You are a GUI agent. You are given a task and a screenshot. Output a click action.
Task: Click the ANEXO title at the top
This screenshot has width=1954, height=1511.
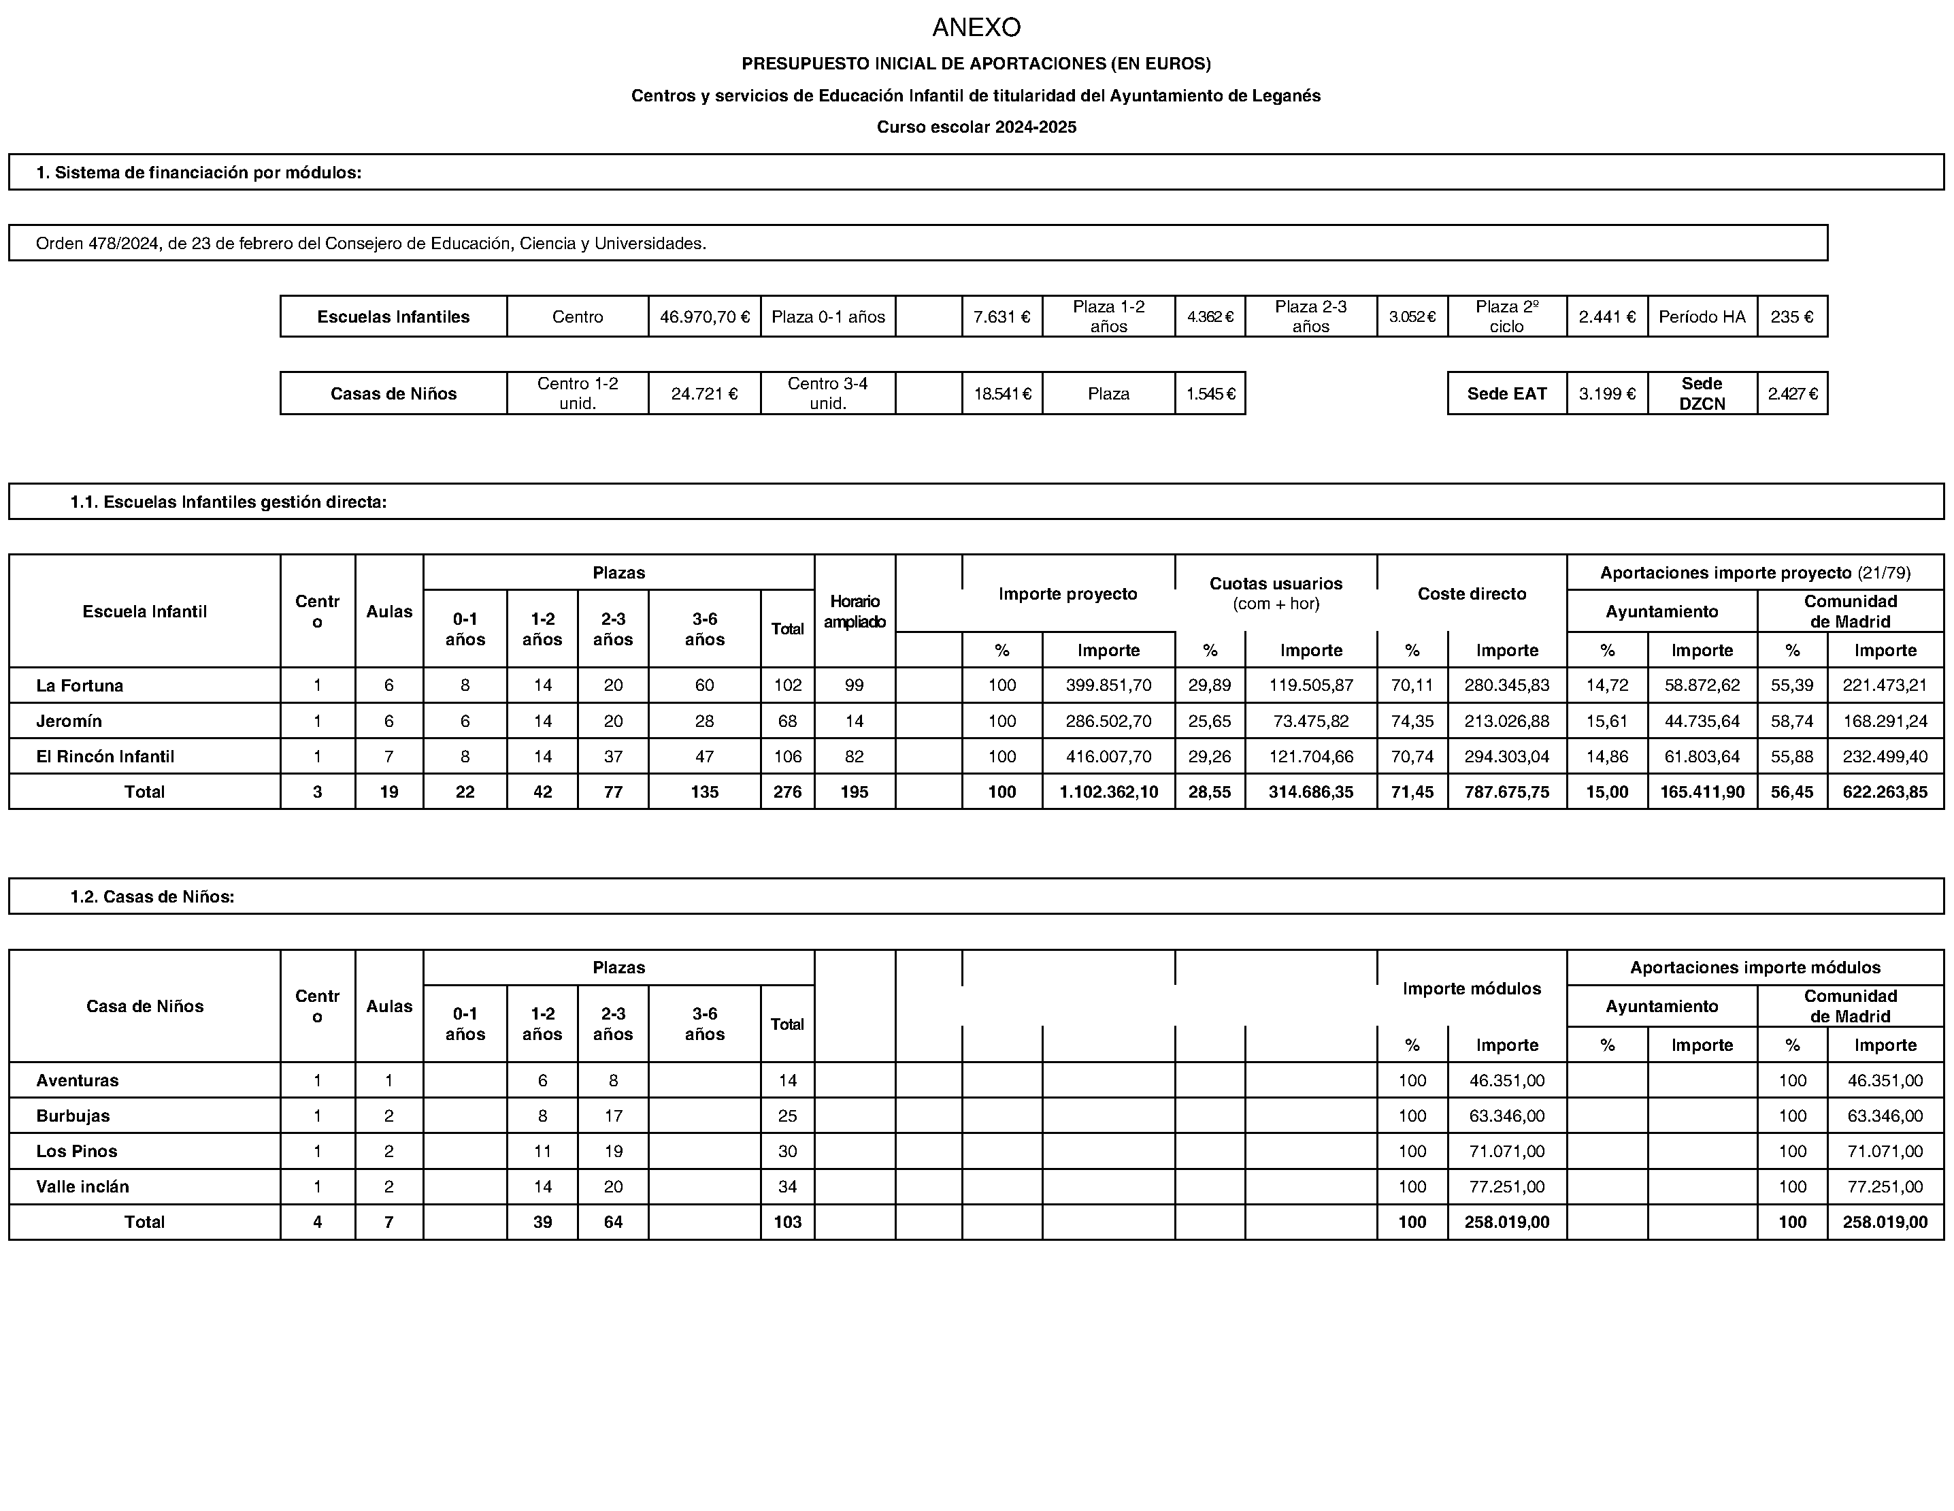click(x=976, y=28)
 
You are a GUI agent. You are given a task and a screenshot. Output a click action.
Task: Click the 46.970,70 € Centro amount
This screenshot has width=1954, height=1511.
click(x=704, y=317)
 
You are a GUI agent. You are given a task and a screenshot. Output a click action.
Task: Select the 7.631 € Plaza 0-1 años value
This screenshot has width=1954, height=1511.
click(x=1001, y=317)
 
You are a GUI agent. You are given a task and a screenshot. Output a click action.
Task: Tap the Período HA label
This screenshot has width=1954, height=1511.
click(x=1702, y=317)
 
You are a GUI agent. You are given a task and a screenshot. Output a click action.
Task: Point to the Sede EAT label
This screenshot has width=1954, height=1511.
click(x=1506, y=394)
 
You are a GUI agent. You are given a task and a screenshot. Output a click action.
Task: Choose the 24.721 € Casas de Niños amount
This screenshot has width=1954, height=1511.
click(x=704, y=394)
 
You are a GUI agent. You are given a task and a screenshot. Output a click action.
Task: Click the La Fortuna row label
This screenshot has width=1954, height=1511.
click(x=80, y=685)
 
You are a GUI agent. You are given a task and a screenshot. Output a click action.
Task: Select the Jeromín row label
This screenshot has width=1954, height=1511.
click(x=69, y=721)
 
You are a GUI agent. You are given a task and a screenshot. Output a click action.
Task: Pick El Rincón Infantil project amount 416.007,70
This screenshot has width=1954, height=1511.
click(x=1108, y=756)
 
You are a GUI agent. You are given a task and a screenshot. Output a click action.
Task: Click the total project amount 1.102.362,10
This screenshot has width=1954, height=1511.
click(x=1108, y=792)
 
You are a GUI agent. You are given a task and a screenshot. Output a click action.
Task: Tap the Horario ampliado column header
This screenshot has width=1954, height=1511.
click(x=855, y=611)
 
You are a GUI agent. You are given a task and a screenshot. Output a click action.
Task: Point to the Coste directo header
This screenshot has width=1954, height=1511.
click(x=1472, y=594)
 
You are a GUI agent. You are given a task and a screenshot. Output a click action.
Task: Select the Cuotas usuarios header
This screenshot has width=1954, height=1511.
click(x=1275, y=583)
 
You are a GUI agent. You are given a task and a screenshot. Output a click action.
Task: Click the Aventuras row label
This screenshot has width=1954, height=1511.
click(x=77, y=1080)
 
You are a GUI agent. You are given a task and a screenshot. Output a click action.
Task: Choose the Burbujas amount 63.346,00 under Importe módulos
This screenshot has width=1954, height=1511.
click(x=1506, y=1116)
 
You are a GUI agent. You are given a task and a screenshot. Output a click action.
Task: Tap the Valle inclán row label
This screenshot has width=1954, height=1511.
click(x=82, y=1187)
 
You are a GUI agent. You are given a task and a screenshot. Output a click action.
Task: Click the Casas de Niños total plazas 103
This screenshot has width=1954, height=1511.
click(x=787, y=1223)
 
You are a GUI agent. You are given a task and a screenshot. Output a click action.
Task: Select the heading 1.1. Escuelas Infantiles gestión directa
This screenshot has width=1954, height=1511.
click(x=228, y=502)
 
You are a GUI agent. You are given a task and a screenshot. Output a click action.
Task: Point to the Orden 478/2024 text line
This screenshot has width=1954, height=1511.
click(x=370, y=244)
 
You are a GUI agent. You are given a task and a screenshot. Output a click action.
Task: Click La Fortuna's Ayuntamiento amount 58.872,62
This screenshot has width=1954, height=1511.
click(x=1702, y=685)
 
